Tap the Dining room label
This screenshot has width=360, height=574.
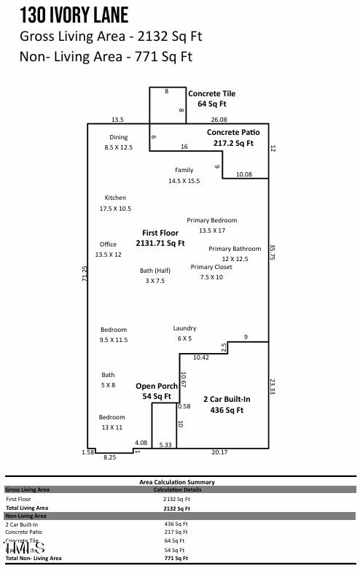click(118, 137)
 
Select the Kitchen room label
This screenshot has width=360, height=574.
click(115, 198)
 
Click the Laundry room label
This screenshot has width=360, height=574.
click(184, 329)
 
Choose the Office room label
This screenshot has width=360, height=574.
click(108, 244)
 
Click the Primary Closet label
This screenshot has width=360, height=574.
click(211, 267)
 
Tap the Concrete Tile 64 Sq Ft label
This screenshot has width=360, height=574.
click(212, 99)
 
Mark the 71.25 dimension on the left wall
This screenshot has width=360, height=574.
click(84, 276)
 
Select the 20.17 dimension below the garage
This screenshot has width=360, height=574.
click(219, 453)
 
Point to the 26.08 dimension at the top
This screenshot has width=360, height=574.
click(219, 120)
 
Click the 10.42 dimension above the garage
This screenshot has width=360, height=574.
click(201, 357)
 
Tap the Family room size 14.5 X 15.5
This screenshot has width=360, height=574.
click(184, 180)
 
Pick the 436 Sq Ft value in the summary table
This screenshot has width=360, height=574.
click(176, 524)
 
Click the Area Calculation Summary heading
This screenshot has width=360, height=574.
click(176, 482)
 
